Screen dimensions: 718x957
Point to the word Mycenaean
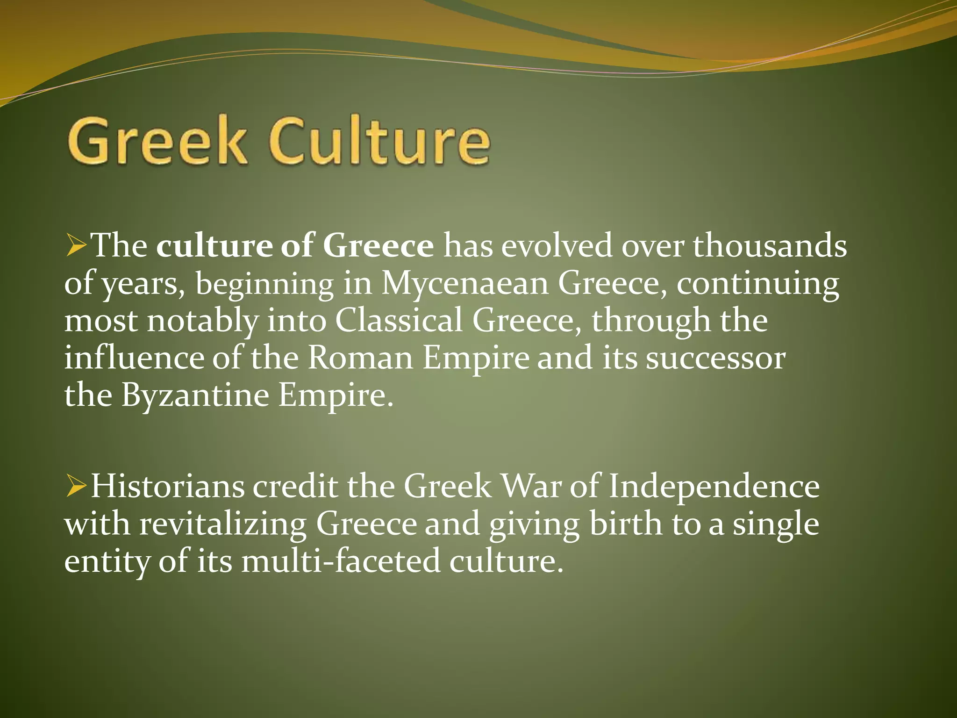[x=465, y=284]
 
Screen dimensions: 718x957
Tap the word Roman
[x=360, y=358]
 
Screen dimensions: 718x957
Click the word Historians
[x=167, y=487]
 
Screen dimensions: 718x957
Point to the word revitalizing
[x=223, y=524]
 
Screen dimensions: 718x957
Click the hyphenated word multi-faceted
[x=341, y=561]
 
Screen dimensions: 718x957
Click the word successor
[x=715, y=358]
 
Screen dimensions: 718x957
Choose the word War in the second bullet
[x=531, y=487]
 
